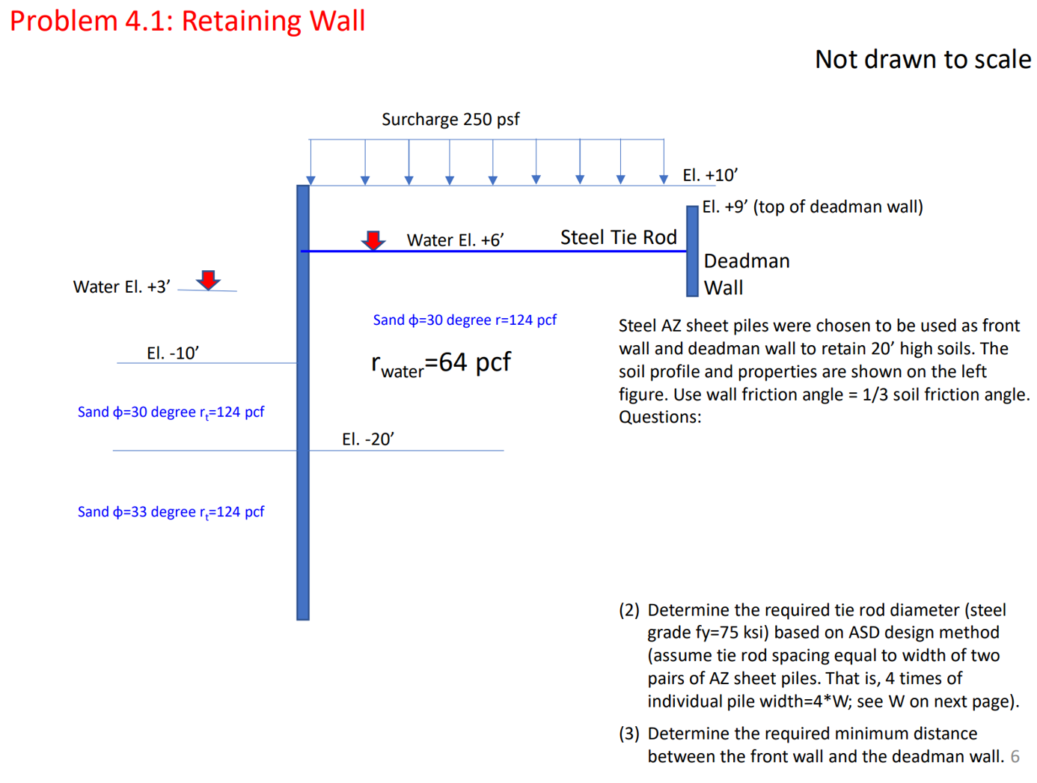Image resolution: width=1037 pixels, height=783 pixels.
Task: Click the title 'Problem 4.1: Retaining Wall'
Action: tap(187, 21)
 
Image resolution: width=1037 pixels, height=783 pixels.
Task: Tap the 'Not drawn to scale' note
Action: tap(923, 59)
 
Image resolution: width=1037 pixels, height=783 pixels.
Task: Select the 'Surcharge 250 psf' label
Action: tap(450, 120)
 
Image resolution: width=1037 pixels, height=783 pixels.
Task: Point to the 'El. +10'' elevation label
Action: tap(710, 175)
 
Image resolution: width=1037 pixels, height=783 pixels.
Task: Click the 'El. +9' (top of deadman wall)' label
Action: tap(812, 207)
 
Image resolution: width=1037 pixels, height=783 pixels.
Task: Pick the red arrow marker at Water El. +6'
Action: tap(373, 240)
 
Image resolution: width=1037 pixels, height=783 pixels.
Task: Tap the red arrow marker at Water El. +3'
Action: tap(208, 280)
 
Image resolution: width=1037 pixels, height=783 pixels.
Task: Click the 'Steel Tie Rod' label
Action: tap(618, 237)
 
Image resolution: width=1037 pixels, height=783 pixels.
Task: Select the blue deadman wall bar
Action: tap(692, 252)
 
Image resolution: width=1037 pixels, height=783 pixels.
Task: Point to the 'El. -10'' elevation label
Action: tap(173, 353)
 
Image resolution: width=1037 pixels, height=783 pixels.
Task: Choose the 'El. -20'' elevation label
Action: tap(367, 439)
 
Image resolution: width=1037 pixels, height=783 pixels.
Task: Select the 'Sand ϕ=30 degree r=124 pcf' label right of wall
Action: tap(465, 320)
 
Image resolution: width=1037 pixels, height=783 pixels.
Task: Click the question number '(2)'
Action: tap(628, 610)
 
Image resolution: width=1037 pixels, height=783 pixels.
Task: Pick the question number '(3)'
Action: tap(628, 734)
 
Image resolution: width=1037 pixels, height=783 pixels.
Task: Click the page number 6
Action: tap(1015, 757)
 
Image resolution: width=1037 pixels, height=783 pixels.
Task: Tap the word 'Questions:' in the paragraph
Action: tap(660, 417)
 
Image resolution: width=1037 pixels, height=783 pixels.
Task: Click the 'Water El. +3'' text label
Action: tap(122, 287)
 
